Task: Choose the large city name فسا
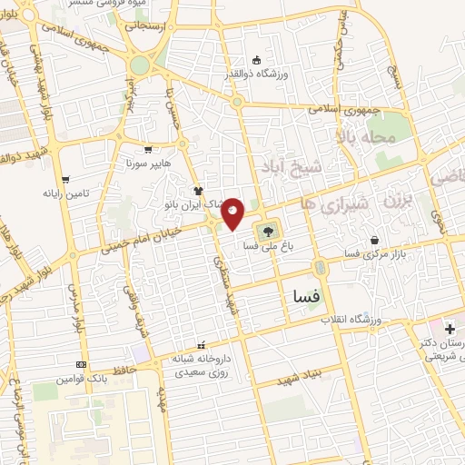[x=304, y=296]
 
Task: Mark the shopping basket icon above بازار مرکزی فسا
[x=375, y=240]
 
